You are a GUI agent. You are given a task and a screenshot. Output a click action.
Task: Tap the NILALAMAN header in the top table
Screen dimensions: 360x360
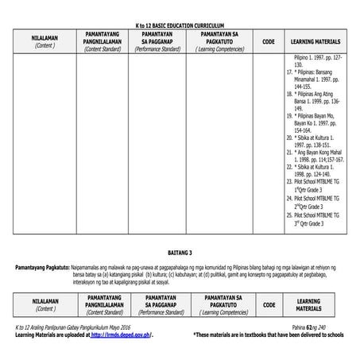click(x=44, y=42)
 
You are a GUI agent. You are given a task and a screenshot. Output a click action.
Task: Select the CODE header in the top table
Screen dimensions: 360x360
click(x=268, y=41)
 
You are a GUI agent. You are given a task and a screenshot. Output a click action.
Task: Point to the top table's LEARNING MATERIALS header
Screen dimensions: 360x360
click(x=315, y=41)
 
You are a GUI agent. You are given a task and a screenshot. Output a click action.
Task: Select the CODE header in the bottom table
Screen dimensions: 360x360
click(x=268, y=304)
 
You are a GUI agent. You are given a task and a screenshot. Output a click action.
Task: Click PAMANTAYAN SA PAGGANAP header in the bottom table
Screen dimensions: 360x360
click(x=160, y=304)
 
